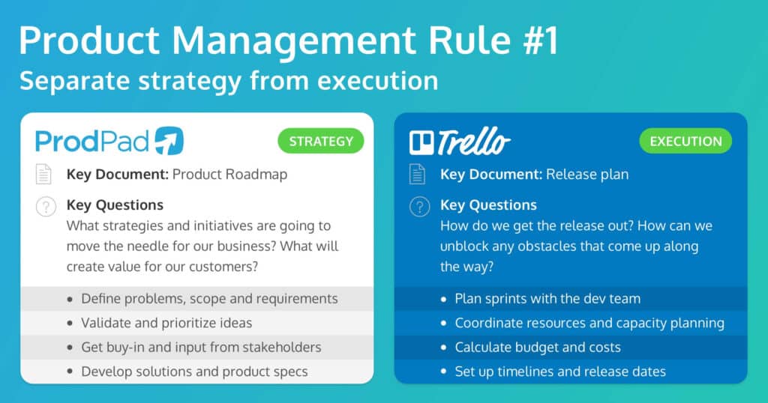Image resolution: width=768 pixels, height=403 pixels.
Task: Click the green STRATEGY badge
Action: [321, 142]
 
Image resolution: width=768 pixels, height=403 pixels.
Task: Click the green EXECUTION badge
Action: [685, 142]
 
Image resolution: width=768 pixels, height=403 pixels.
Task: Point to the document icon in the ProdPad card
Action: [45, 175]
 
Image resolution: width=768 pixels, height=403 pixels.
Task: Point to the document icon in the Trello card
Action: [418, 175]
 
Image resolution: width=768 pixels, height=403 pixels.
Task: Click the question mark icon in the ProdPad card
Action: [45, 206]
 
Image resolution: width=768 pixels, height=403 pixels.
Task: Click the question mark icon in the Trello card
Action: [418, 206]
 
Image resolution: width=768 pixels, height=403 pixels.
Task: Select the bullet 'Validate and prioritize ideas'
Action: [166, 323]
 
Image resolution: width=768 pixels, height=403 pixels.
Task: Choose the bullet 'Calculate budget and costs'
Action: [538, 347]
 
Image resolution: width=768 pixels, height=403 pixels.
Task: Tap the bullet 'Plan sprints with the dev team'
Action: [547, 298]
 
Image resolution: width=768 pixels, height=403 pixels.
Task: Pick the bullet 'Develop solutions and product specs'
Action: [194, 371]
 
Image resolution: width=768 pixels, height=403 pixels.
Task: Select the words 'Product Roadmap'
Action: [229, 175]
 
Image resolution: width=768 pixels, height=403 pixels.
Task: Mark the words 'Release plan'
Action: [587, 175]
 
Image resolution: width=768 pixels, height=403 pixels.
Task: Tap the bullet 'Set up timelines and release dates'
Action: [560, 371]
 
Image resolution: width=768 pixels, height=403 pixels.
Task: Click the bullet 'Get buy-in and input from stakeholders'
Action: [201, 347]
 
